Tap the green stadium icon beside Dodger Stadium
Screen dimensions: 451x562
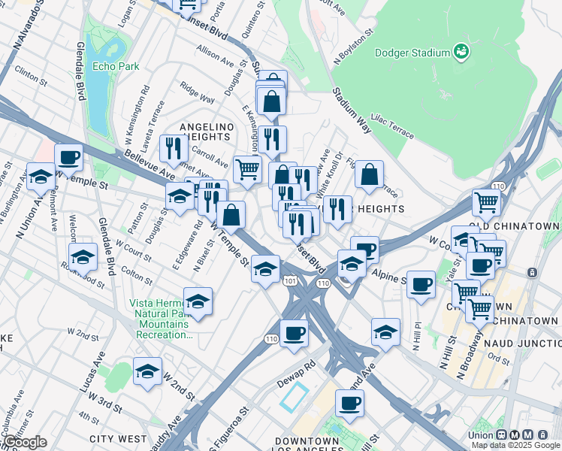tap(461, 52)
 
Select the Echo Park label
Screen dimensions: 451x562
tap(116, 67)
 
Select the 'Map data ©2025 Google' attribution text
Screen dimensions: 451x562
tap(515, 445)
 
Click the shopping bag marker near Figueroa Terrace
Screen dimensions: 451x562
tap(369, 175)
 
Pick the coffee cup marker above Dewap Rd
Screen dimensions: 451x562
tap(294, 333)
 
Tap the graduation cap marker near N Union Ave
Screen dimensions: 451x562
tap(41, 177)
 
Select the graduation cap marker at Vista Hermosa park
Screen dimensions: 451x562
tap(198, 301)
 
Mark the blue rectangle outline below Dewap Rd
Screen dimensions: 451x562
tap(295, 395)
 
